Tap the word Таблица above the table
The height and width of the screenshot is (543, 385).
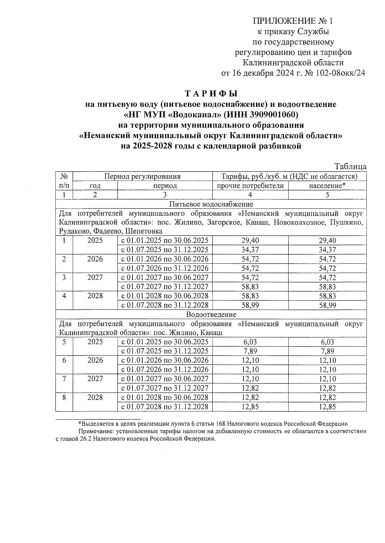pos(350,167)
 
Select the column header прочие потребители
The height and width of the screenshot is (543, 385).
pos(250,186)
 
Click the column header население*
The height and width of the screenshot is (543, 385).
pos(327,186)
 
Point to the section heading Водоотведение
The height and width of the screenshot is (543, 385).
pos(211,315)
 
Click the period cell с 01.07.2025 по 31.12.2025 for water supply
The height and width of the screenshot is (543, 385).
pos(165,250)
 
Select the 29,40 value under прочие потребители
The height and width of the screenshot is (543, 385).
pos(250,241)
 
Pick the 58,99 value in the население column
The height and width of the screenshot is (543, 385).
pos(327,305)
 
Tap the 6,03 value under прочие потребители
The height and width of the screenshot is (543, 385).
pos(250,342)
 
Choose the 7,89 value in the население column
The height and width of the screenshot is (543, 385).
pos(327,351)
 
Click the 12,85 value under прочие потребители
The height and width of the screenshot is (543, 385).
pos(250,407)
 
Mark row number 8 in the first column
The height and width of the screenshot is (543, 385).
pos(64,398)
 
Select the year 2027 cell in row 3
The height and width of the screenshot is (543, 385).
pos(95,277)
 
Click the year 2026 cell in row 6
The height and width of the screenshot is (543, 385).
pos(95,360)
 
